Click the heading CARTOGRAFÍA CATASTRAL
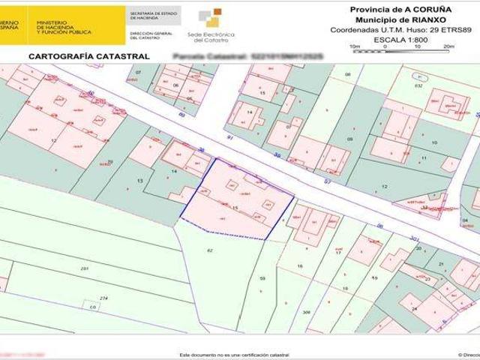[x=88, y=56]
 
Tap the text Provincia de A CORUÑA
[x=391, y=9]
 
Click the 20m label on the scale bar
[x=448, y=46]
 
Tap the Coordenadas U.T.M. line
[x=391, y=29]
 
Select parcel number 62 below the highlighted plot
[x=210, y=250]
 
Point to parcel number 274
[x=104, y=298]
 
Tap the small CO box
[x=93, y=307]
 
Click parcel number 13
[x=139, y=181]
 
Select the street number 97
[x=327, y=181]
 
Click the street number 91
[x=230, y=138]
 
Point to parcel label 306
[x=306, y=312]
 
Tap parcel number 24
[x=413, y=308]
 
